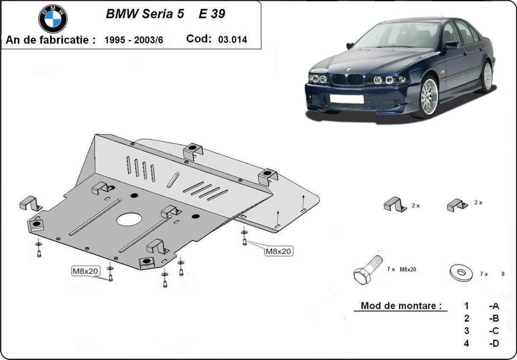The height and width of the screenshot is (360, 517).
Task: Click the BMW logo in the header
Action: [53, 19]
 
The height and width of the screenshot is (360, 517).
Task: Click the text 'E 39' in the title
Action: [212, 14]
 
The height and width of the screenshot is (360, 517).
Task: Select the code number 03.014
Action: [233, 40]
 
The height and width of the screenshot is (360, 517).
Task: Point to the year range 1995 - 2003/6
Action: [134, 40]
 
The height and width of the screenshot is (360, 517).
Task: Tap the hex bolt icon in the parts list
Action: [367, 269]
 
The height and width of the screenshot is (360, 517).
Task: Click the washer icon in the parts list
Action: [461, 272]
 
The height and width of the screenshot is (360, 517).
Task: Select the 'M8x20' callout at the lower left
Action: [85, 271]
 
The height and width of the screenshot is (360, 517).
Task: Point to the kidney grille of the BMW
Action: [347, 79]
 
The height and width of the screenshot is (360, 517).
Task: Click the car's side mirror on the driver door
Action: [451, 44]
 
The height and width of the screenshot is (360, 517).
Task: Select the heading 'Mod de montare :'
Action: [401, 306]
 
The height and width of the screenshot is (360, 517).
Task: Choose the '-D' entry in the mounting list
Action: [494, 344]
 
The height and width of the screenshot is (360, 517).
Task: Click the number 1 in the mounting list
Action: [467, 306]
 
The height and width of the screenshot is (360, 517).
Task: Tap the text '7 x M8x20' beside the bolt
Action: [402, 269]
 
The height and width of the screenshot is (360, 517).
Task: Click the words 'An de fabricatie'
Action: [50, 40]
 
